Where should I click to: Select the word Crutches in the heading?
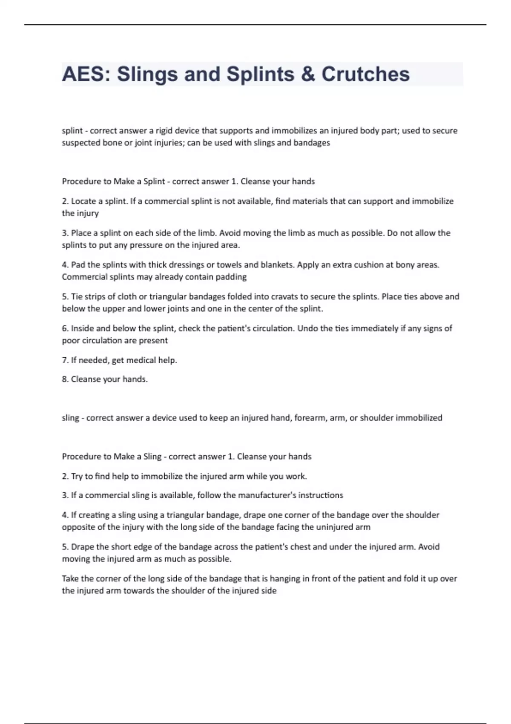pyautogui.click(x=365, y=74)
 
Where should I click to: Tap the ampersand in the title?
pyautogui.click(x=308, y=74)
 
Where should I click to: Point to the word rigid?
pyautogui.click(x=163, y=131)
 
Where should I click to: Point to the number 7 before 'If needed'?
pyautogui.click(x=64, y=360)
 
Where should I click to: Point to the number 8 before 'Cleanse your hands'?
pyautogui.click(x=64, y=379)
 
